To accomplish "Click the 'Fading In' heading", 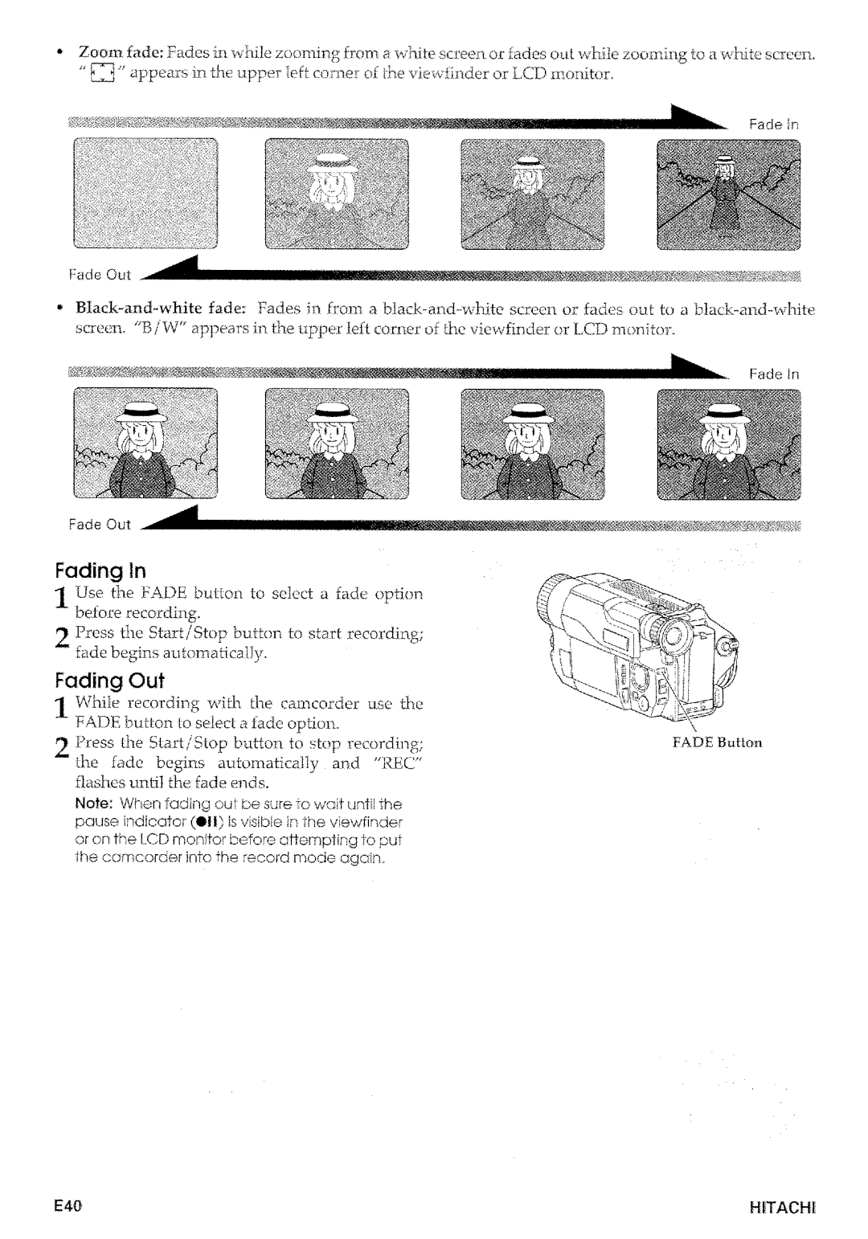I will (100, 571).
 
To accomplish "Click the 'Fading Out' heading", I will (108, 681).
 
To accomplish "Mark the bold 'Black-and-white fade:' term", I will (149, 310).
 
